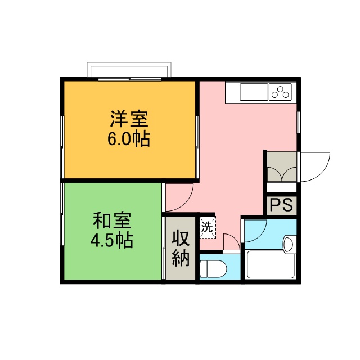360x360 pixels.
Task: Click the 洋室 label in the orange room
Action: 129,119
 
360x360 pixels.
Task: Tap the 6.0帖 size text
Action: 129,139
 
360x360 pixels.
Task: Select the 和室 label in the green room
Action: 112,219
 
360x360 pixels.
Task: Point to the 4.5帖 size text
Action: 112,240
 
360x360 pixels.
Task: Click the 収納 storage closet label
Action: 180,248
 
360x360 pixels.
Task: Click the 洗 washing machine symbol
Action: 208,228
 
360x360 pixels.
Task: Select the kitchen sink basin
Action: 254,91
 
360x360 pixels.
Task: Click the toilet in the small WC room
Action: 214,269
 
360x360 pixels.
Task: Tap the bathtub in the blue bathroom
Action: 271,264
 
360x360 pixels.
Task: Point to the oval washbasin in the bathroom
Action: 289,244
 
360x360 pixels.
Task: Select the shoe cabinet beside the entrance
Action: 281,167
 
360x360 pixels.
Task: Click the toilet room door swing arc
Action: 231,243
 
